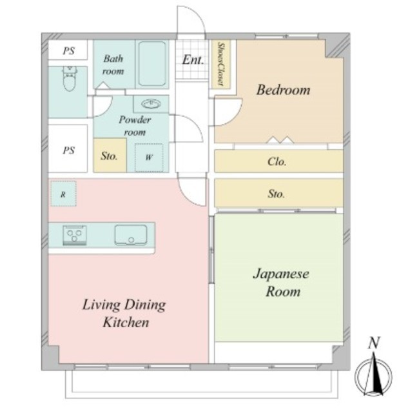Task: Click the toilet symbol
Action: (70, 79)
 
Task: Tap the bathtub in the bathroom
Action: (152, 64)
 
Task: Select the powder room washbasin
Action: (151, 104)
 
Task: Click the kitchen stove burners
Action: (75, 235)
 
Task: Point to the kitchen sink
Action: (131, 235)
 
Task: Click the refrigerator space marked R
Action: (63, 194)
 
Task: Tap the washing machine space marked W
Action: (149, 157)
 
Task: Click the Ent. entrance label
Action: (193, 60)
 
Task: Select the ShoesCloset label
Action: (221, 65)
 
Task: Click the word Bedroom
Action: (284, 90)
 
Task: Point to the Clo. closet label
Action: (277, 161)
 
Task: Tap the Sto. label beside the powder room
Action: (109, 156)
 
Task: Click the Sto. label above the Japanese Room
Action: (277, 194)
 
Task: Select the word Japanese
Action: (281, 274)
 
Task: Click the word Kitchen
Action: (126, 323)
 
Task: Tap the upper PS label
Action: (69, 50)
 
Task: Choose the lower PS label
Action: (69, 150)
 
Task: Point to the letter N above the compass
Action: (374, 343)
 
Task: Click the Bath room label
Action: (113, 65)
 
